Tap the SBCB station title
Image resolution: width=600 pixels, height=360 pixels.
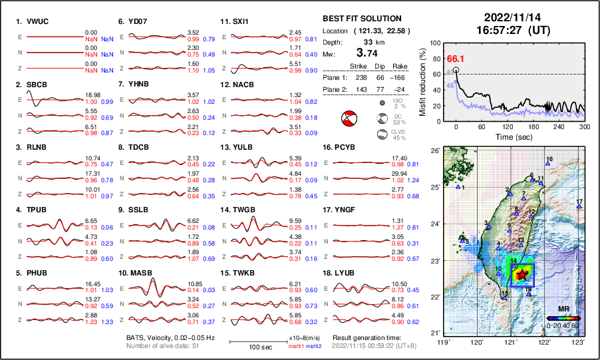pos(37,85)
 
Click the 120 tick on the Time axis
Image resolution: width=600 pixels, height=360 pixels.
pos(508,126)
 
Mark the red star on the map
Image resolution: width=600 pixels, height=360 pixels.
pos(522,273)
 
